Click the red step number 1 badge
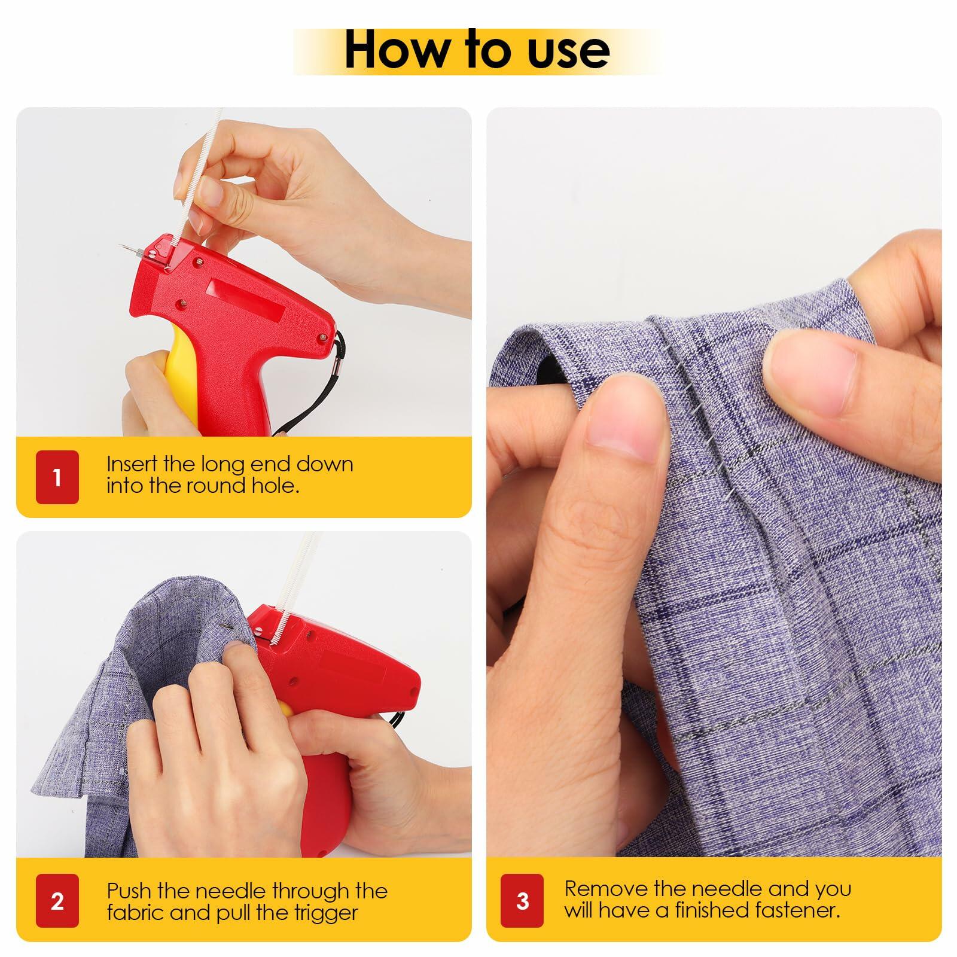(x=57, y=477)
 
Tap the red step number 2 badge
(x=57, y=901)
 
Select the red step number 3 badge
(x=523, y=901)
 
